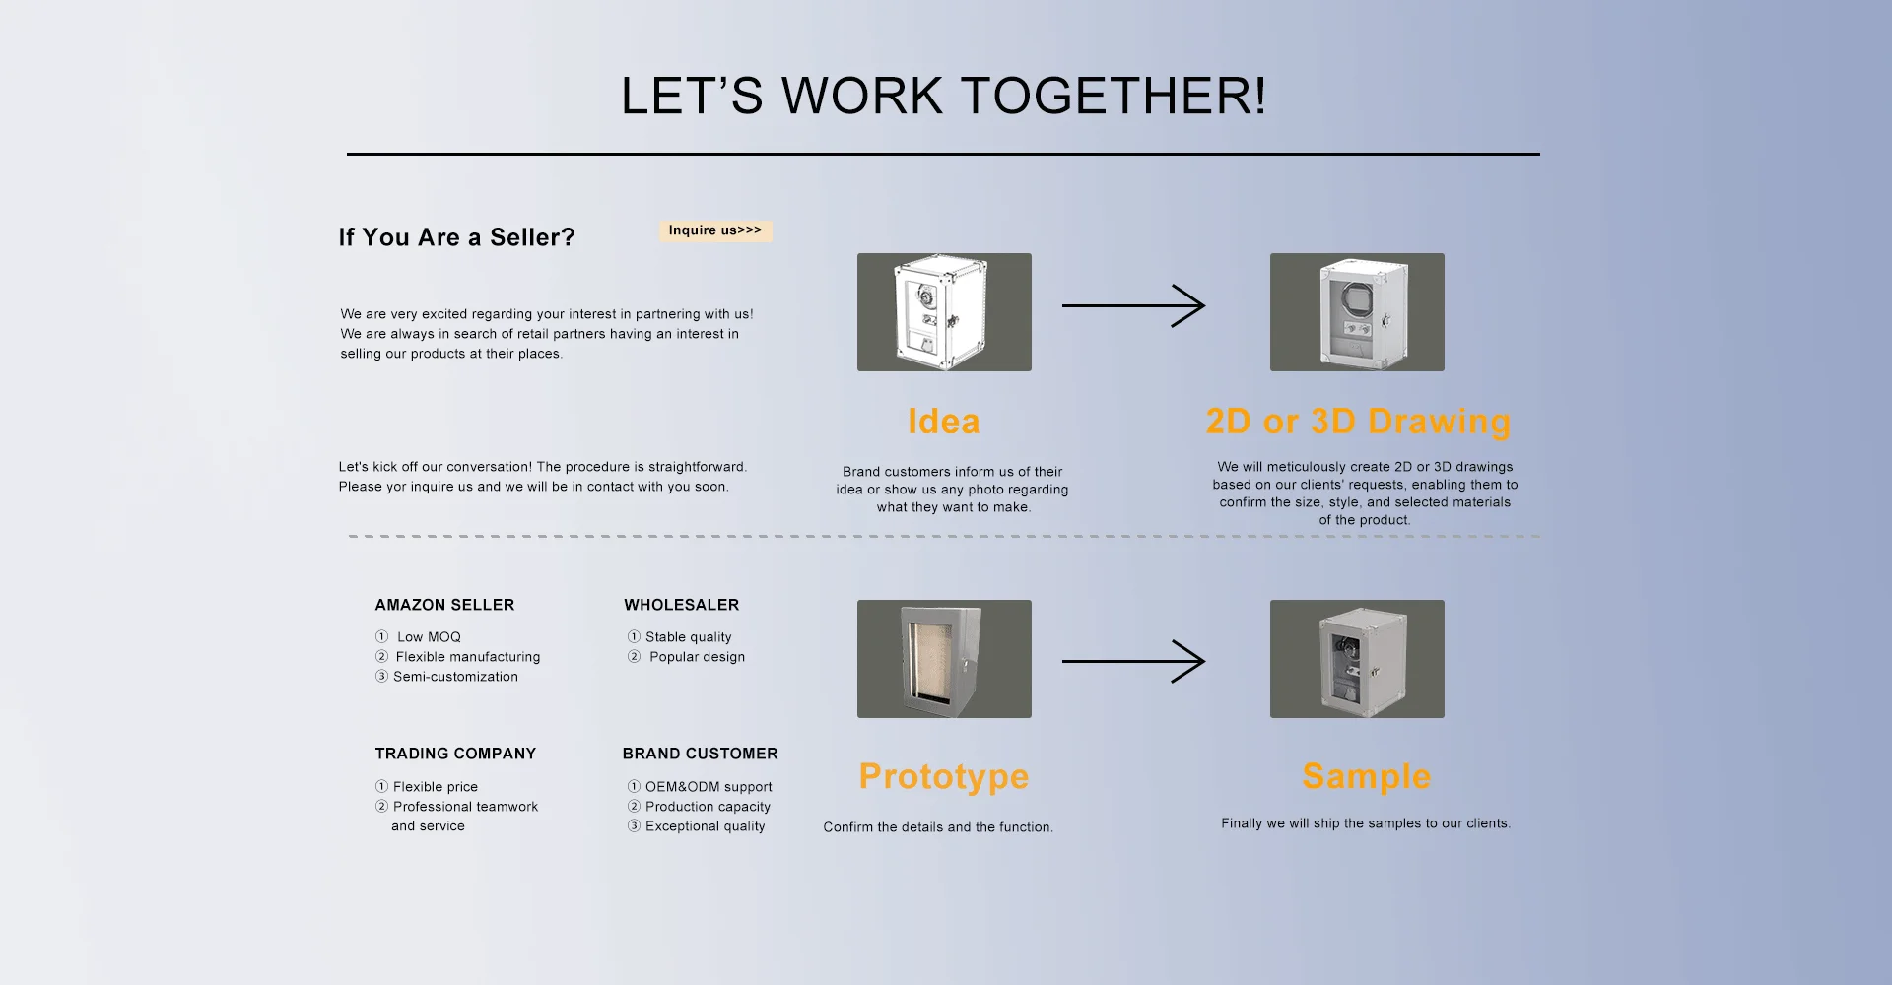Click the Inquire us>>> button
click(715, 230)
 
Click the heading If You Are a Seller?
click(456, 237)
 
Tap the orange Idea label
click(943, 422)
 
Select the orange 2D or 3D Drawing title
click(1358, 422)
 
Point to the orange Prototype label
click(943, 776)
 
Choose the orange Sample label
click(1366, 776)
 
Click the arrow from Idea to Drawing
click(1133, 305)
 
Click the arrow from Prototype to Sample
click(1133, 661)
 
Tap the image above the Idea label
click(944, 312)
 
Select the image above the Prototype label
click(944, 659)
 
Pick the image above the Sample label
click(1357, 659)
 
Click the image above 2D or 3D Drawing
click(1357, 312)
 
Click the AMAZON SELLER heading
click(444, 605)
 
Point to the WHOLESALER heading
click(681, 605)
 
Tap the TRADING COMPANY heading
click(455, 754)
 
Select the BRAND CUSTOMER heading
click(700, 754)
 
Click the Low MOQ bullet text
click(429, 637)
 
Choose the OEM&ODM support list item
click(709, 787)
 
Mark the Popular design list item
click(697, 657)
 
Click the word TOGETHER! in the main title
click(1114, 97)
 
